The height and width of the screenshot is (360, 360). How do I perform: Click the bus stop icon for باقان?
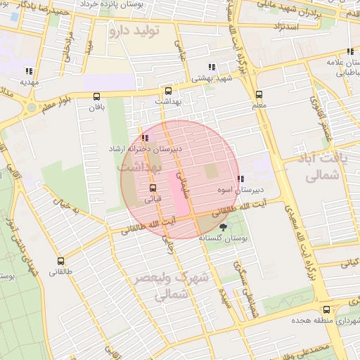96,97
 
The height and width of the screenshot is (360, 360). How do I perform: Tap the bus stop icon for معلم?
259,94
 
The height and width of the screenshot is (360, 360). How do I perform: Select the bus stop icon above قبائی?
153,188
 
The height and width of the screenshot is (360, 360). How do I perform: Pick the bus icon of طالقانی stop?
60,259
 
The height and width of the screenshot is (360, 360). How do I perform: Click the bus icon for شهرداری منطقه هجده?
326,309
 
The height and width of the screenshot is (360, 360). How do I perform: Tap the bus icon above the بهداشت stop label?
167,91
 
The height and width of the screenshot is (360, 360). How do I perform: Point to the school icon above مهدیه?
28,70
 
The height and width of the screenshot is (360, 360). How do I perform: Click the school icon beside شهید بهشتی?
211,67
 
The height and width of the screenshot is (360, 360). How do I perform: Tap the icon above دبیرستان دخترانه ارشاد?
144,138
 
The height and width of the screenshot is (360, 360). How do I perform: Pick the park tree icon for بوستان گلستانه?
224,226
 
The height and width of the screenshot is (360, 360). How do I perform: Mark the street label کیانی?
349,264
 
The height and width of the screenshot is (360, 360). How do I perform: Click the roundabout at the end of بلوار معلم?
31,108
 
